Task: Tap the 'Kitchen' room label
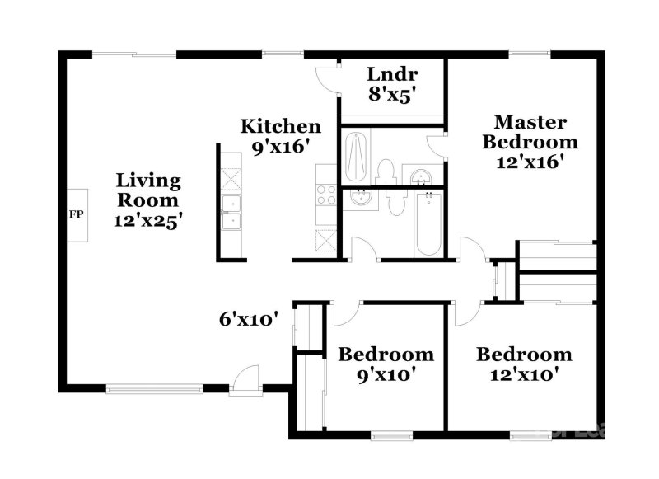tap(280, 127)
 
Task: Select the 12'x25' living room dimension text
tap(148, 220)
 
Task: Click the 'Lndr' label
tap(392, 73)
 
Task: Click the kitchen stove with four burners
tap(326, 195)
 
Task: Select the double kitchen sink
tap(231, 212)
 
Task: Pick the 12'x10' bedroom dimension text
tap(524, 374)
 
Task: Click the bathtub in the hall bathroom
tap(428, 223)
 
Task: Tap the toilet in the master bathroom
tap(385, 171)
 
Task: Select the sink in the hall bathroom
tap(360, 199)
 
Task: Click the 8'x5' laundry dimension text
tap(392, 94)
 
